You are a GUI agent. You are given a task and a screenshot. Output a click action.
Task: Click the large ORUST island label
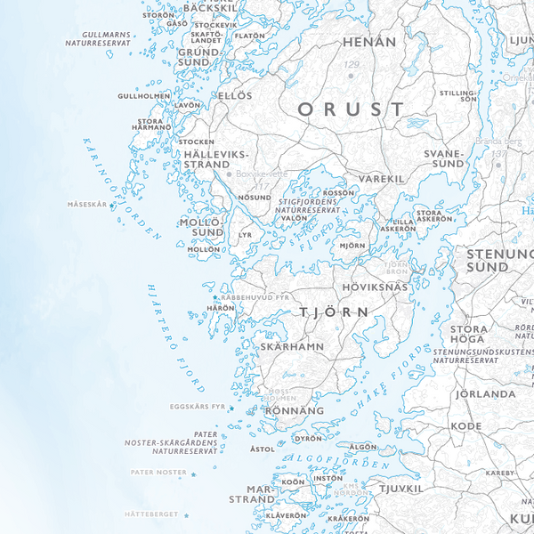[351, 109]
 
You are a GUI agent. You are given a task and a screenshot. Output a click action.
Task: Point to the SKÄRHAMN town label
[292, 346]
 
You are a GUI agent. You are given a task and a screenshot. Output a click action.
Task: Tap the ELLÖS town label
[236, 95]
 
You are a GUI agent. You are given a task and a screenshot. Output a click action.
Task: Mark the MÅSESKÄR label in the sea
[86, 205]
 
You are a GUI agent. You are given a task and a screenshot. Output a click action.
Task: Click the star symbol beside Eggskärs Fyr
[231, 409]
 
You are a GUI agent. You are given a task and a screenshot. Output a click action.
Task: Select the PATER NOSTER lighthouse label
[158, 472]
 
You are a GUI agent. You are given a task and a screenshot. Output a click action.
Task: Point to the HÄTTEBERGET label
[151, 514]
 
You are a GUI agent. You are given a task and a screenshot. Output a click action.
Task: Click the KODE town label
[465, 426]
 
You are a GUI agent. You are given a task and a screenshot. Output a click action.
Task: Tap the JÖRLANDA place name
[485, 393]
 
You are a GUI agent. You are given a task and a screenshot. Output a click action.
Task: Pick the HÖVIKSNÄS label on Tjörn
[375, 287]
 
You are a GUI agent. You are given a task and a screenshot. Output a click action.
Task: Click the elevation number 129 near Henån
[352, 65]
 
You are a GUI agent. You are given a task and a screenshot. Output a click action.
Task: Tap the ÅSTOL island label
[263, 449]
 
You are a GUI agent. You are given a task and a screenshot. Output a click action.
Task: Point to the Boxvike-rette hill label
[263, 174]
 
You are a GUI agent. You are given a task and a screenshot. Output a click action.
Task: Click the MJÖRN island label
[352, 245]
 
